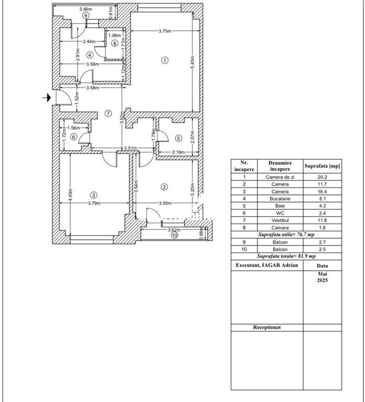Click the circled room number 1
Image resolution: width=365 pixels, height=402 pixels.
pyautogui.click(x=165, y=60)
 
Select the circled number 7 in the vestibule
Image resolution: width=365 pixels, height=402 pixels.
pyautogui.click(x=108, y=113)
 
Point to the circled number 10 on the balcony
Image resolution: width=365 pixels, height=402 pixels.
pyautogui.click(x=174, y=236)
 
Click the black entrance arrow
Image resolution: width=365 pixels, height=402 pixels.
pyautogui.click(x=47, y=97)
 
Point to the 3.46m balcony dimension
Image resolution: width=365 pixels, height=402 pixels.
pyautogui.click(x=85, y=9)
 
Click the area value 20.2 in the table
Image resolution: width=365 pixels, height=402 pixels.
pyautogui.click(x=322, y=177)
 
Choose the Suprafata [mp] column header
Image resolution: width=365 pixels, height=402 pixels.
pyautogui.click(x=322, y=166)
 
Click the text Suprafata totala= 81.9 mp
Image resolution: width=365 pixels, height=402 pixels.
pyautogui.click(x=286, y=256)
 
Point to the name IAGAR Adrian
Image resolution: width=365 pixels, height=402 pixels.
pyautogui.click(x=283, y=265)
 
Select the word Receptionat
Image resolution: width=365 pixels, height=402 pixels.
pyautogui.click(x=267, y=327)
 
